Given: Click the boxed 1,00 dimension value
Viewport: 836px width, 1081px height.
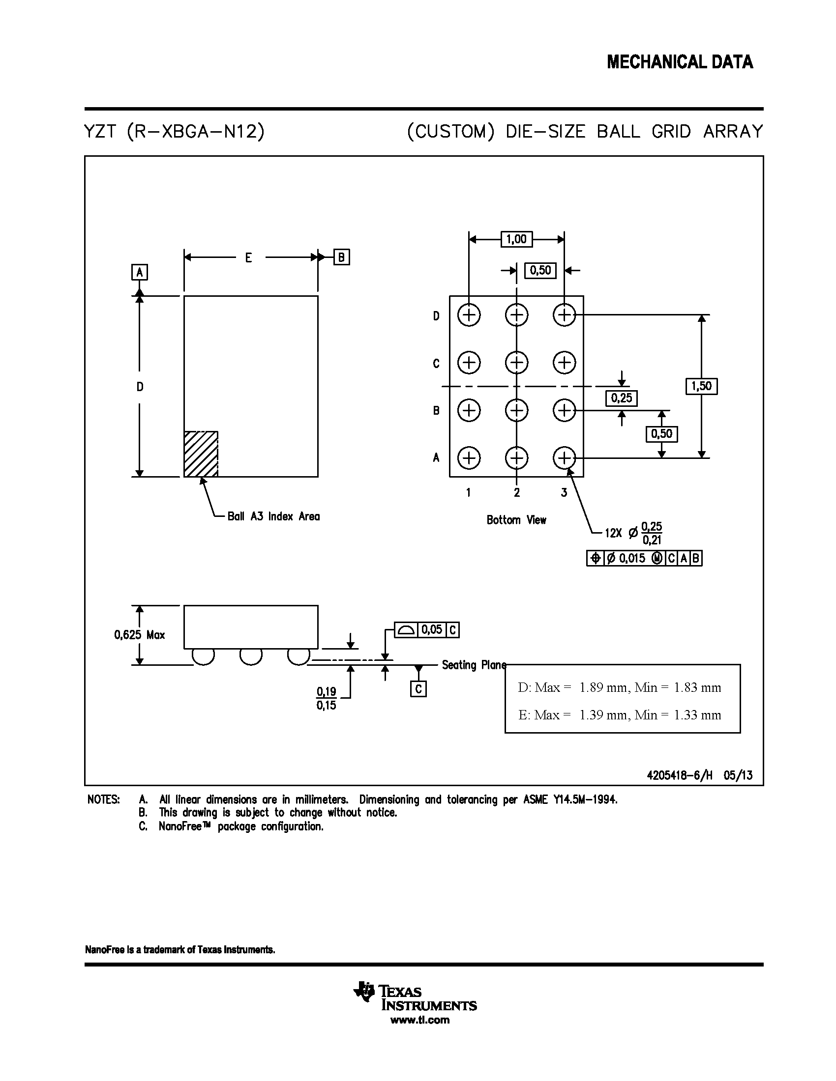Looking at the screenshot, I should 516,239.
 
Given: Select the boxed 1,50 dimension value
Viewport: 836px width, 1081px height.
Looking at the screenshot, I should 701,386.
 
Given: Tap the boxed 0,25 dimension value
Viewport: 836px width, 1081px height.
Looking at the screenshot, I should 622,398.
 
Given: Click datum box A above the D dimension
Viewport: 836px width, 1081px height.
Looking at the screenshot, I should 140,272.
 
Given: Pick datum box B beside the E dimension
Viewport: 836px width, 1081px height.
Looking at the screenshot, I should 341,257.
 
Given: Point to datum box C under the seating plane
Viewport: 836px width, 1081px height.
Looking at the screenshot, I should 418,689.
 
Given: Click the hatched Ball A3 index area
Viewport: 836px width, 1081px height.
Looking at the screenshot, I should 201,454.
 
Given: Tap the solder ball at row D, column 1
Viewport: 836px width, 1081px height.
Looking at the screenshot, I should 469,315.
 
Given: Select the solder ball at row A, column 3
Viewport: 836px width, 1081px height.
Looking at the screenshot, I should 564,458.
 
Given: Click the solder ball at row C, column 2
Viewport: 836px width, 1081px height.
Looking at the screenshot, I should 516,362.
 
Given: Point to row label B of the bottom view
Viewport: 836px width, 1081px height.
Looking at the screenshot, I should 436,410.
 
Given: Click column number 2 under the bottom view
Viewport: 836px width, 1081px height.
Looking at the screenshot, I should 516,492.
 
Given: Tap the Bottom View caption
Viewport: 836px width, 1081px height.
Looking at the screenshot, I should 516,520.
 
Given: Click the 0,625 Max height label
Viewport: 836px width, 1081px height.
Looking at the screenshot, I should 140,635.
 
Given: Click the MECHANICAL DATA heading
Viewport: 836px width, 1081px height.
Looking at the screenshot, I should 680,62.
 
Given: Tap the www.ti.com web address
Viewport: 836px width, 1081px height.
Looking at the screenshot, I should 420,1020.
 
